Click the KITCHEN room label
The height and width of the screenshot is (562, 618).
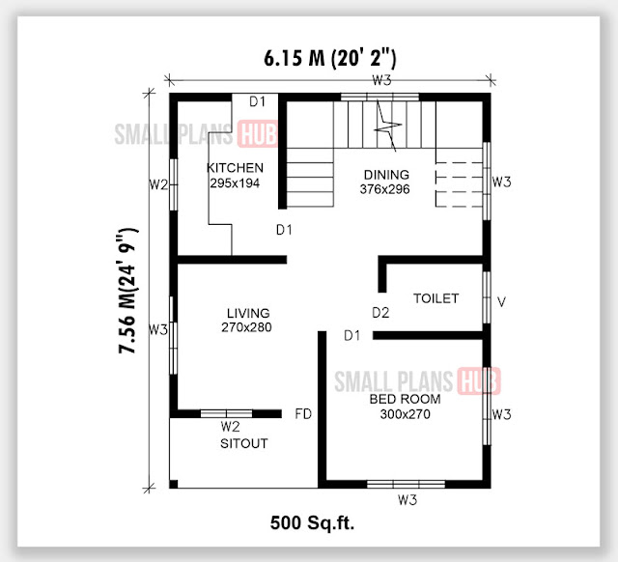[x=236, y=168]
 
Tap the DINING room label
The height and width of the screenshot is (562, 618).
[x=386, y=175]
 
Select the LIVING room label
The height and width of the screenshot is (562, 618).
[x=248, y=313]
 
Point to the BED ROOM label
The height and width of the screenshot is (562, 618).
[x=405, y=399]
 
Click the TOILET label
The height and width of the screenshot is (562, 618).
[x=435, y=298]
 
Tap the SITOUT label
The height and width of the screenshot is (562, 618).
[x=244, y=444]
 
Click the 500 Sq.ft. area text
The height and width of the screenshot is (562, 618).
[x=312, y=523]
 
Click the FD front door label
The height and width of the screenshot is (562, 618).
[x=303, y=414]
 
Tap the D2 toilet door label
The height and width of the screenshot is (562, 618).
[x=380, y=313]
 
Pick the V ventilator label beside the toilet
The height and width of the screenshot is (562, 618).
[x=501, y=302]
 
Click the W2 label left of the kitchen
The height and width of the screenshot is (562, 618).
[x=158, y=184]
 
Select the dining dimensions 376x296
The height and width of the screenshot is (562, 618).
[x=384, y=189]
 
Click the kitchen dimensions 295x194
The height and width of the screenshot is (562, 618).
[x=235, y=183]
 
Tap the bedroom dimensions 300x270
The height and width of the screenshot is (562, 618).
[x=406, y=414]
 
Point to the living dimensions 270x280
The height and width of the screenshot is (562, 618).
[x=246, y=327]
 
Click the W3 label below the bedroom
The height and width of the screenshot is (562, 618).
[x=407, y=500]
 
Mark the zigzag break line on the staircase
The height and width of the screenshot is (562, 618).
[x=386, y=126]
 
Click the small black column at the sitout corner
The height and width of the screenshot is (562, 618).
[x=174, y=484]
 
